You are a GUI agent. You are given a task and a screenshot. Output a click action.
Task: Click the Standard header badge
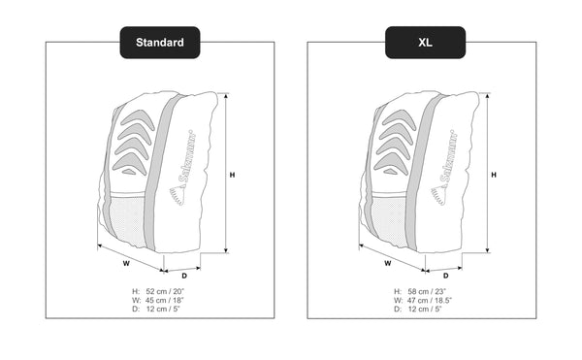point(160,43)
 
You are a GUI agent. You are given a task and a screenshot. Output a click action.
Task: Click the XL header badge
point(426,43)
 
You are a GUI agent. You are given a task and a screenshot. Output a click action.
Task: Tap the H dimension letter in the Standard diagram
point(233,175)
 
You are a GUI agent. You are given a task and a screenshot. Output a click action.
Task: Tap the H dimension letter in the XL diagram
point(494,175)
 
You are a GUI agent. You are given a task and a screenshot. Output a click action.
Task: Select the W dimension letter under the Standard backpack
point(126,264)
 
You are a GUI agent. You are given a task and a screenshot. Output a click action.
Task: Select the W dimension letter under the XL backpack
point(388,264)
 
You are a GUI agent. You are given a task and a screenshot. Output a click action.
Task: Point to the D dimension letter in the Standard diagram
point(184,276)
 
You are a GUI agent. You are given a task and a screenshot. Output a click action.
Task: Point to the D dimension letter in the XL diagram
point(446,276)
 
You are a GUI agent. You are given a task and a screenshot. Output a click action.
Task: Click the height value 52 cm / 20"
point(165,291)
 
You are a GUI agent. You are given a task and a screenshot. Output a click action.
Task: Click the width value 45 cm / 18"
point(165,300)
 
